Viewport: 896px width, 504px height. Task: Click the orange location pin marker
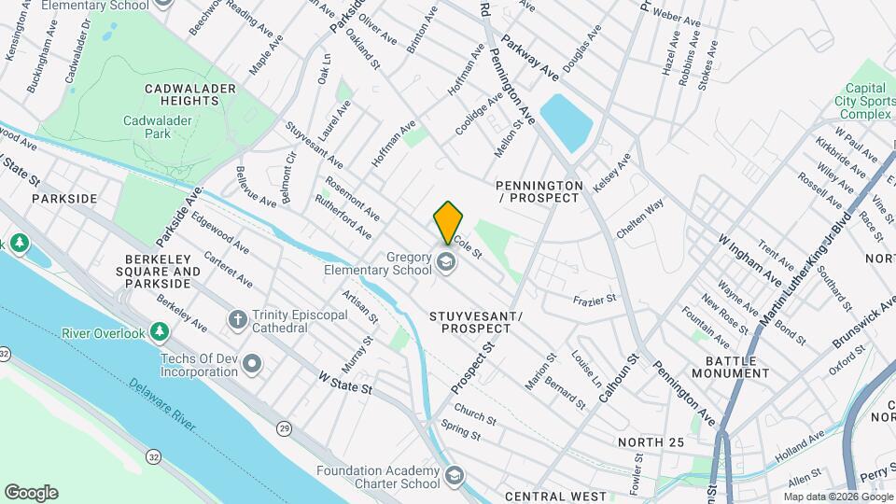(x=448, y=222)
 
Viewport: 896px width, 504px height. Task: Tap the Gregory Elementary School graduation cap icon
(x=446, y=262)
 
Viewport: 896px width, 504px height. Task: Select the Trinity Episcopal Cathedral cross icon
(x=238, y=320)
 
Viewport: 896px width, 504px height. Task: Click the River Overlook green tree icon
(x=161, y=333)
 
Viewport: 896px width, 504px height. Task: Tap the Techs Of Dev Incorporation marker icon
(x=252, y=364)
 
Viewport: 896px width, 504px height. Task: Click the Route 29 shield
(x=282, y=428)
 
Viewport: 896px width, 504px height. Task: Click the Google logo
(x=31, y=493)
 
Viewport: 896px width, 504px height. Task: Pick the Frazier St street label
(x=595, y=301)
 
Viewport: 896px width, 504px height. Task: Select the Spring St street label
(x=460, y=433)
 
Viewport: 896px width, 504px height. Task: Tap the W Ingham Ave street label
(x=749, y=261)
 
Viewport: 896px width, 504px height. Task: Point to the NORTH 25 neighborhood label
(x=651, y=441)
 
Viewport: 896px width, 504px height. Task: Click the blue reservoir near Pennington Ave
(x=567, y=122)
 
